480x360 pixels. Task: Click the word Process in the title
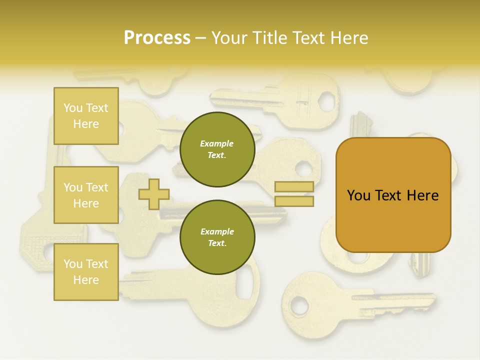coord(157,38)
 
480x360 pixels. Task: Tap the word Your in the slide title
coord(229,38)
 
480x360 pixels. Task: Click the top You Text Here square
coord(86,116)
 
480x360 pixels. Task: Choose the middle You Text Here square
coord(86,195)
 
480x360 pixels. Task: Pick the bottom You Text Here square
coord(86,272)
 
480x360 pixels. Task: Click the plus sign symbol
coord(154,194)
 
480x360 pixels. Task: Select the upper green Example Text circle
coord(217,149)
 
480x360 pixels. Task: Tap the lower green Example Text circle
coord(217,237)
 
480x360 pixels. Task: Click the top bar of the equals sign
coord(294,187)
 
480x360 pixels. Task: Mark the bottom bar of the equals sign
coord(294,201)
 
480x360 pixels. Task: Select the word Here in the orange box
coord(422,195)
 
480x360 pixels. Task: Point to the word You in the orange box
coord(358,195)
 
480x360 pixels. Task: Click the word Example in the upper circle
coord(217,143)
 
